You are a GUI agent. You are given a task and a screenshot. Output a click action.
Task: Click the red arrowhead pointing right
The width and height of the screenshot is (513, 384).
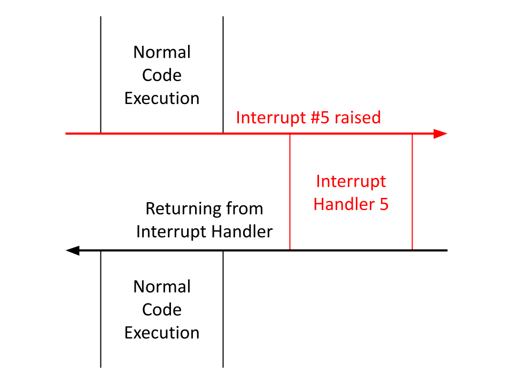[x=440, y=133]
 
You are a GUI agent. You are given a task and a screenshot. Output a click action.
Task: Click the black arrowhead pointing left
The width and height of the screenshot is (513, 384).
[x=73, y=251]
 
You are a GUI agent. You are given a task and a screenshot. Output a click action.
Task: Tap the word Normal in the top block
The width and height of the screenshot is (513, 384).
[x=162, y=52]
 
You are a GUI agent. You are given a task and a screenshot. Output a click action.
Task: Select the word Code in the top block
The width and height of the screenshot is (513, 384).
[x=161, y=75]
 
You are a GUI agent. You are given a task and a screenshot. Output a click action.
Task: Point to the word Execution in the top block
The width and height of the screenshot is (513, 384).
[x=162, y=98]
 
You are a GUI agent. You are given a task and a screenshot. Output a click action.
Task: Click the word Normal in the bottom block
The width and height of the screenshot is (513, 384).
[x=162, y=287]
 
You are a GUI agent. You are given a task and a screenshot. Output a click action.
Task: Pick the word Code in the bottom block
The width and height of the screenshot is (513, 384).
[x=161, y=309]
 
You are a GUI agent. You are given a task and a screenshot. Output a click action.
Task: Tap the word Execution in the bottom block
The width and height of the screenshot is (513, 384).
[x=162, y=333]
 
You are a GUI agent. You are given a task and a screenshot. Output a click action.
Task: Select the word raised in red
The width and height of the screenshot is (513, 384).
[x=357, y=117]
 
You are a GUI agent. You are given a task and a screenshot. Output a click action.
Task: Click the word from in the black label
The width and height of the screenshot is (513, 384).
[x=245, y=209]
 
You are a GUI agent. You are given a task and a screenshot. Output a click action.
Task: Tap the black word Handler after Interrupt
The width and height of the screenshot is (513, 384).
[x=242, y=231]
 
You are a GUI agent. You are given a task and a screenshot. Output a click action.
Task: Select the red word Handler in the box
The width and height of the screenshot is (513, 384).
[x=344, y=204]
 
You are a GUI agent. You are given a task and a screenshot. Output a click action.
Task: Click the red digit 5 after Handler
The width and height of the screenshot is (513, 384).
[x=384, y=205]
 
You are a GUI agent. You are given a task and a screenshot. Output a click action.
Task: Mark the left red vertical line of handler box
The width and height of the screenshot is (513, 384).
[x=290, y=192]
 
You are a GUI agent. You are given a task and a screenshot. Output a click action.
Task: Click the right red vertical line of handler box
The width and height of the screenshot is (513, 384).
[x=412, y=192]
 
